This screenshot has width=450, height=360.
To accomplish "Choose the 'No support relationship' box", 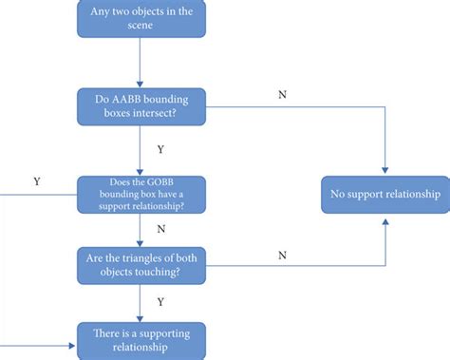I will (x=384, y=195).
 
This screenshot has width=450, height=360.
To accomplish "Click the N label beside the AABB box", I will (x=282, y=95).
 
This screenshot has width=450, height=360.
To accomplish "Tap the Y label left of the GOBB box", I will (x=36, y=180).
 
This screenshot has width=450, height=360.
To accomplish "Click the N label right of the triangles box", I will (x=282, y=255).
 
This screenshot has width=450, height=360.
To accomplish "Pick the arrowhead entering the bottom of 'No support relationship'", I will (x=384, y=219).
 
